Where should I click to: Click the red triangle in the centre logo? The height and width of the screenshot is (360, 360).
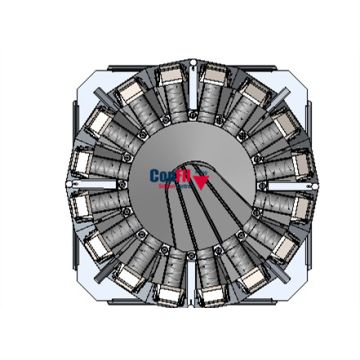point(204,183)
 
